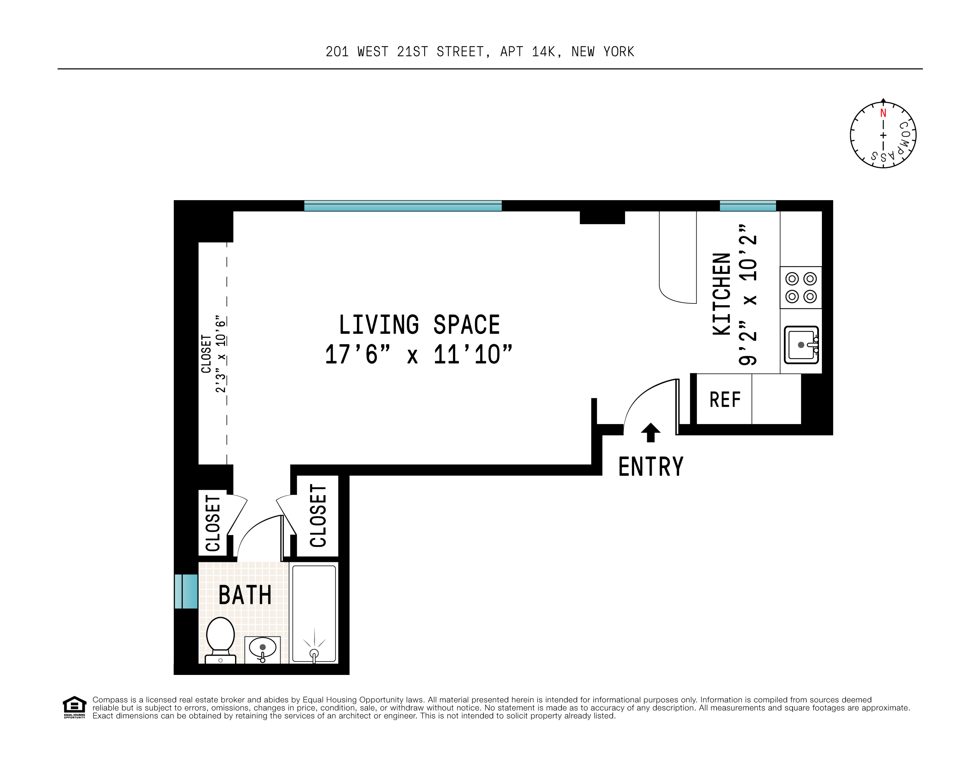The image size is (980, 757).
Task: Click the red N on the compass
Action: click(x=883, y=113)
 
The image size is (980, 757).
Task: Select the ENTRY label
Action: click(x=651, y=466)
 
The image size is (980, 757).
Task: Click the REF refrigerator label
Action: click(x=725, y=400)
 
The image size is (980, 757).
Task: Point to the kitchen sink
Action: click(x=801, y=344)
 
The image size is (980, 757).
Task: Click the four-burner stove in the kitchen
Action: click(x=801, y=287)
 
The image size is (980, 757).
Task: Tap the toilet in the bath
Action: click(x=220, y=640)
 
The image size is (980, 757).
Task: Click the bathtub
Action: click(x=314, y=614)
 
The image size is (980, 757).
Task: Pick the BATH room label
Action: click(x=245, y=595)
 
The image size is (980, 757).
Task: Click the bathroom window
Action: click(x=186, y=591)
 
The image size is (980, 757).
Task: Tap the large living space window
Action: click(x=403, y=206)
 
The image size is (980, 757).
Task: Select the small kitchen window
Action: click(x=748, y=206)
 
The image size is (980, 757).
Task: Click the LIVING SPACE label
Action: click(x=419, y=325)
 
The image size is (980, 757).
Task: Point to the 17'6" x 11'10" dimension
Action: click(x=419, y=355)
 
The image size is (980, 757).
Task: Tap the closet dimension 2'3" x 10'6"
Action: click(x=220, y=354)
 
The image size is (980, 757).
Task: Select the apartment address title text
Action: click(x=480, y=52)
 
